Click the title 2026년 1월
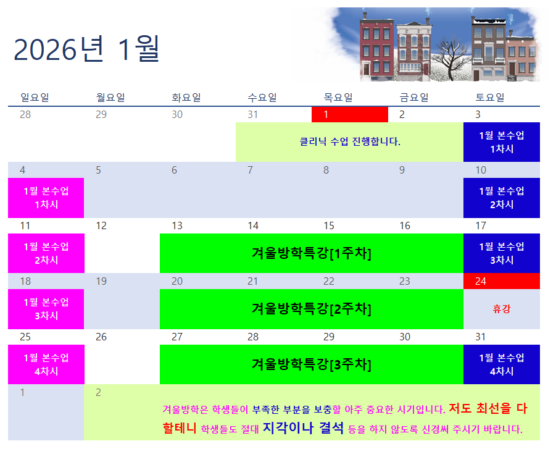coord(86,49)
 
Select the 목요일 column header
coord(338,97)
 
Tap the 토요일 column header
coord(490,97)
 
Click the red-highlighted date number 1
coord(326,114)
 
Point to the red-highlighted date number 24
coord(481,281)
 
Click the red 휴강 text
coord(502,308)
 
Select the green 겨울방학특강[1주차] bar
coord(312,253)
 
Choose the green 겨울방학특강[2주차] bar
coord(312,309)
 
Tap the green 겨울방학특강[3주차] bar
coord(312,364)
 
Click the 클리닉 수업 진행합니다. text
coord(350,141)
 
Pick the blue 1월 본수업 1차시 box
coord(502,142)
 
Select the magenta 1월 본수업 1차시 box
coord(46,198)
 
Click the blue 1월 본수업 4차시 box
coord(502,364)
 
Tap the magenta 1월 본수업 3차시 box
coord(46,309)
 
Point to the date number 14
coord(253,225)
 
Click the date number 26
coord(101,337)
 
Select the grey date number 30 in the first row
coord(177,114)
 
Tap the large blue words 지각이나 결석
coord(304,428)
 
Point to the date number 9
coord(402,170)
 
